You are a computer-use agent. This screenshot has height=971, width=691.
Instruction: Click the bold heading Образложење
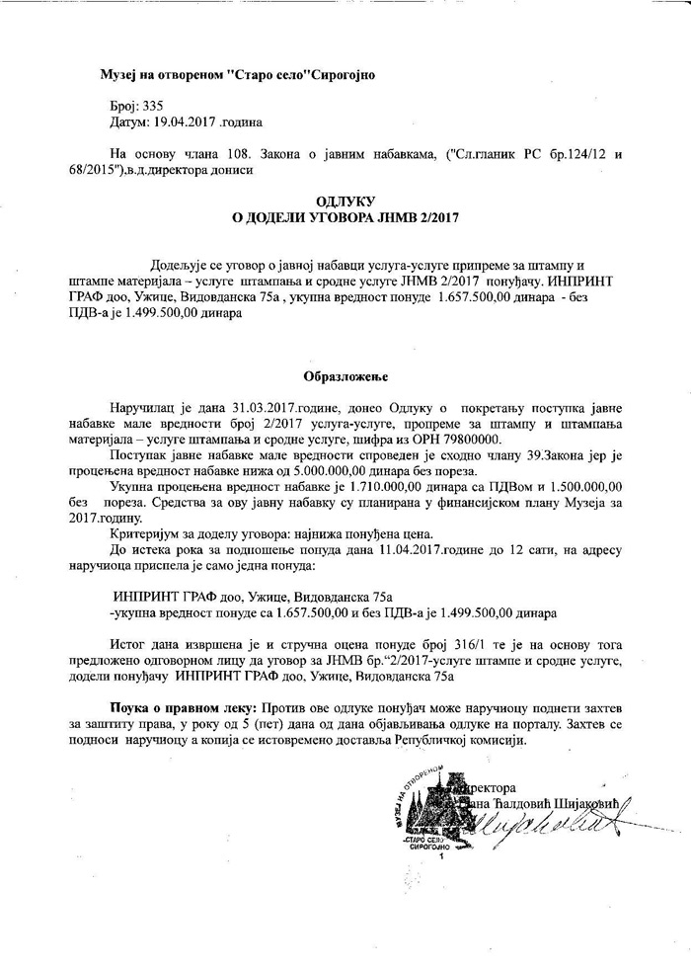(345, 376)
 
